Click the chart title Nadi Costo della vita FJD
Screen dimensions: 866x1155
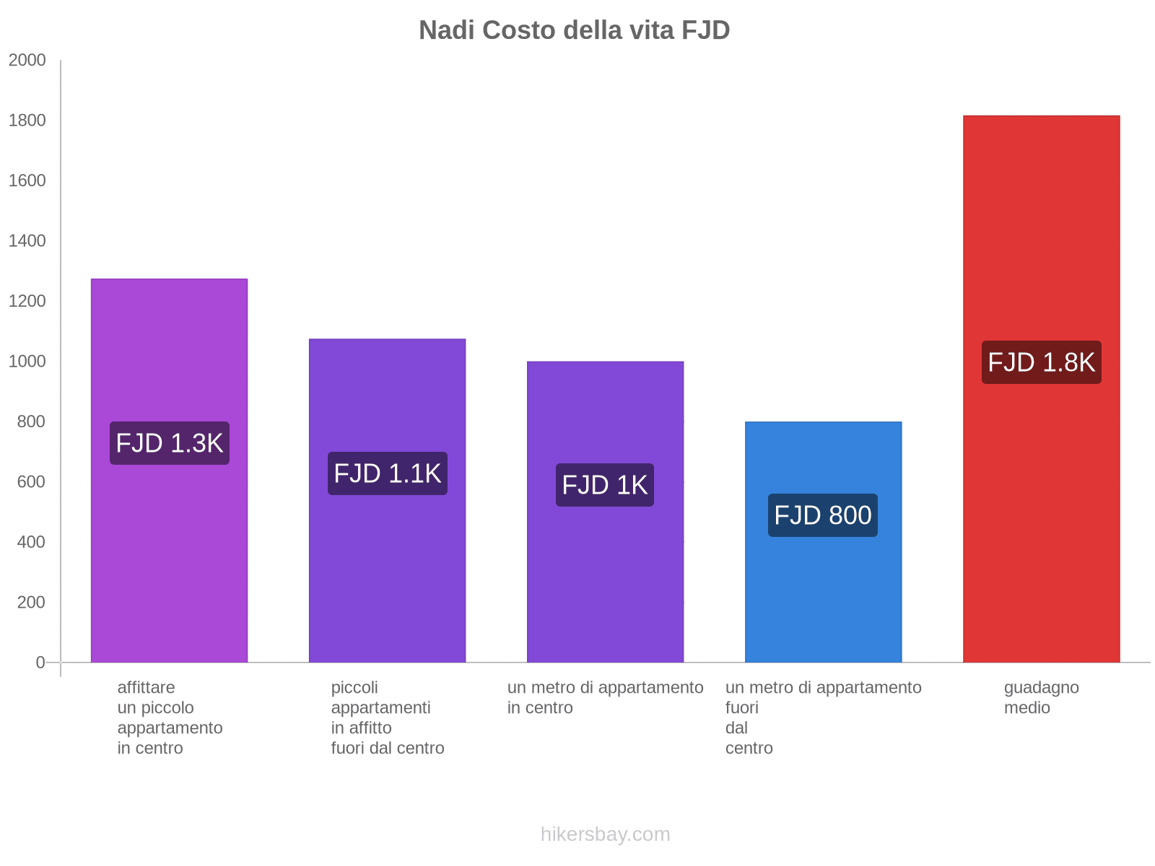pyautogui.click(x=574, y=30)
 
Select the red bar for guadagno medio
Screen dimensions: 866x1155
pyautogui.click(x=1041, y=505)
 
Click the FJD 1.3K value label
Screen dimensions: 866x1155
pyautogui.click(x=170, y=443)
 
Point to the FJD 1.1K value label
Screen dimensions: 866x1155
pyautogui.click(x=388, y=473)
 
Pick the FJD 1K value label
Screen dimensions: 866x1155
pyautogui.click(x=605, y=485)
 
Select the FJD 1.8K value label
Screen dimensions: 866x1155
pyautogui.click(x=1041, y=362)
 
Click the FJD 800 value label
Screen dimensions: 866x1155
pyautogui.click(x=823, y=515)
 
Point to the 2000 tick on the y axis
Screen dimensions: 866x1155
pyautogui.click(x=27, y=60)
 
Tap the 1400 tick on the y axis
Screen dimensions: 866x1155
pyautogui.click(x=27, y=241)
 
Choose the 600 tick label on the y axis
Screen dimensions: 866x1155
pyautogui.click(x=31, y=481)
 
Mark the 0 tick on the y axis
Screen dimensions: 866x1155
pyautogui.click(x=40, y=662)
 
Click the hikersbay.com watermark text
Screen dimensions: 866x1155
pyautogui.click(x=605, y=834)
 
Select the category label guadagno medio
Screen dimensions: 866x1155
pyautogui.click(x=1041, y=697)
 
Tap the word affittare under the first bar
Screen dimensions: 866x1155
pyautogui.click(x=146, y=687)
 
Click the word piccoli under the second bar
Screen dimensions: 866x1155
pyautogui.click(x=354, y=687)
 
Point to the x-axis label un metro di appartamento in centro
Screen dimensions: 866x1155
pyautogui.click(x=605, y=697)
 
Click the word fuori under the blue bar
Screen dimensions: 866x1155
pyautogui.click(x=742, y=707)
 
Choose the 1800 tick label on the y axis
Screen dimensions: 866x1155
pyautogui.click(x=27, y=121)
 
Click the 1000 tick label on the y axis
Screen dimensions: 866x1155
pyautogui.click(x=27, y=362)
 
